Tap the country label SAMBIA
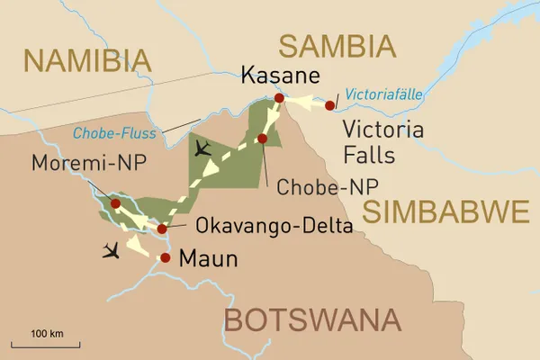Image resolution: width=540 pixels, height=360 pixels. click(337, 45)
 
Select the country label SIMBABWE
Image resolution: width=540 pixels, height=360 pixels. click(445, 212)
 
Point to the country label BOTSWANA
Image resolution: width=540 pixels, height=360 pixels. click(311, 320)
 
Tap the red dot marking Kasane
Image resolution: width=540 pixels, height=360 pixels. click(279, 98)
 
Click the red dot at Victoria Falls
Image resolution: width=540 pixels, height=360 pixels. click(330, 105)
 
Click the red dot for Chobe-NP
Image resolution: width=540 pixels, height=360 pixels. click(262, 139)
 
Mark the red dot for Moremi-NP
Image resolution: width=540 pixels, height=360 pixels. click(114, 203)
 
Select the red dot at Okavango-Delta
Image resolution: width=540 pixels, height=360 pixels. click(162, 229)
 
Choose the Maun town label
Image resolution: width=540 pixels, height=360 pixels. click(209, 260)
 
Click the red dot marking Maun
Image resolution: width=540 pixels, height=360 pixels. click(165, 258)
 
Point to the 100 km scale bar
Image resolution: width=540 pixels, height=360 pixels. click(45, 343)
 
